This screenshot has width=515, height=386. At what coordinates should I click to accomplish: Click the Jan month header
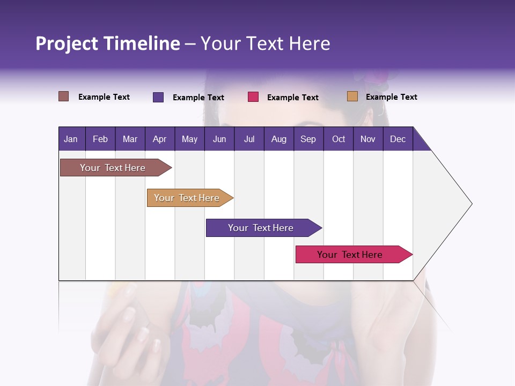coord(71,139)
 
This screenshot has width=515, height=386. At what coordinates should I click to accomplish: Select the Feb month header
coord(100,139)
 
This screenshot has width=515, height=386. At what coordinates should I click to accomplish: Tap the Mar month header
coord(130,139)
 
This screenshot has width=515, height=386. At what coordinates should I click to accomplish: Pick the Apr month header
coord(159,139)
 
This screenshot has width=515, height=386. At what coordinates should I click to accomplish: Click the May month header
coord(189,139)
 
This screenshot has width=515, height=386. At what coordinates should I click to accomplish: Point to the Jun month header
coord(219,139)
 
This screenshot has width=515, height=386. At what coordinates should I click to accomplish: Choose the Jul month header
coord(249,139)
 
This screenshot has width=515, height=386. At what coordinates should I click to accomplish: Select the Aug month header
coord(278,139)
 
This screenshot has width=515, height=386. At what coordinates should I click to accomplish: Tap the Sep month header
coord(308,139)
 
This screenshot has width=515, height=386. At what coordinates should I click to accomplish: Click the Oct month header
coord(339,139)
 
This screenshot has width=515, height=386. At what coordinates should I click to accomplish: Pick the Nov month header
coord(368,139)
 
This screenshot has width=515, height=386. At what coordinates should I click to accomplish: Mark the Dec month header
coord(398,139)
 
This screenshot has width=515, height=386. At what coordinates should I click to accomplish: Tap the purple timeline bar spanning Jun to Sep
coord(261,228)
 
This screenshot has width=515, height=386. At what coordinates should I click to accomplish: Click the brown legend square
coord(64,96)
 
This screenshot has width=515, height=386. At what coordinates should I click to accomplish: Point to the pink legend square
coord(253,96)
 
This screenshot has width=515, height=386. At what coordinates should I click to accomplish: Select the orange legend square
coord(352,96)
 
